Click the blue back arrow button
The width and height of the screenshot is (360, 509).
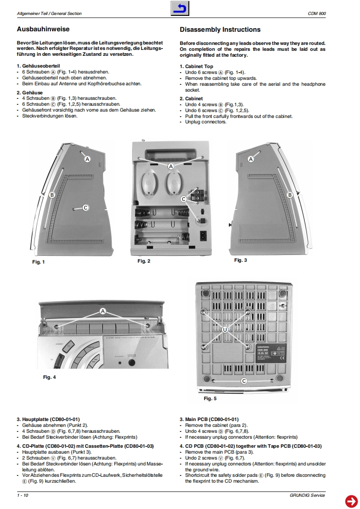(180, 9)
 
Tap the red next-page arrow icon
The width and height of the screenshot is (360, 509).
(351, 500)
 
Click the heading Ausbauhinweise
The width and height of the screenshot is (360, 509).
(43, 29)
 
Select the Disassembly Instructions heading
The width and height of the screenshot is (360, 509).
(220, 29)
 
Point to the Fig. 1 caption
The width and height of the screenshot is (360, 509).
(38, 262)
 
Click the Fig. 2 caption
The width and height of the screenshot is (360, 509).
(143, 261)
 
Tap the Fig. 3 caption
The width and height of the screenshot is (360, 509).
(241, 260)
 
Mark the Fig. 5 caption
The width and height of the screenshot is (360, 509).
(210, 398)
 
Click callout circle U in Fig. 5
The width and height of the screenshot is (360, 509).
(225, 330)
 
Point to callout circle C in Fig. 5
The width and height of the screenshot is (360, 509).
(244, 381)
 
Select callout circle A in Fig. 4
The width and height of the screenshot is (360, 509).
(103, 311)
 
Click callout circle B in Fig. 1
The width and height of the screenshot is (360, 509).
(52, 195)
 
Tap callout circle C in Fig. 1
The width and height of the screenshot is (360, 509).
(85, 207)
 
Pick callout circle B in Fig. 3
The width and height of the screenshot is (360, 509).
(290, 195)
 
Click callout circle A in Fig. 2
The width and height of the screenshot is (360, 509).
(171, 166)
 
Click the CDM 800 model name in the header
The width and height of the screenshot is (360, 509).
(316, 14)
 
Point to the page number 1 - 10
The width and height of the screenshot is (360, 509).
(23, 495)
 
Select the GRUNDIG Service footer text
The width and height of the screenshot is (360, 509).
(307, 495)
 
